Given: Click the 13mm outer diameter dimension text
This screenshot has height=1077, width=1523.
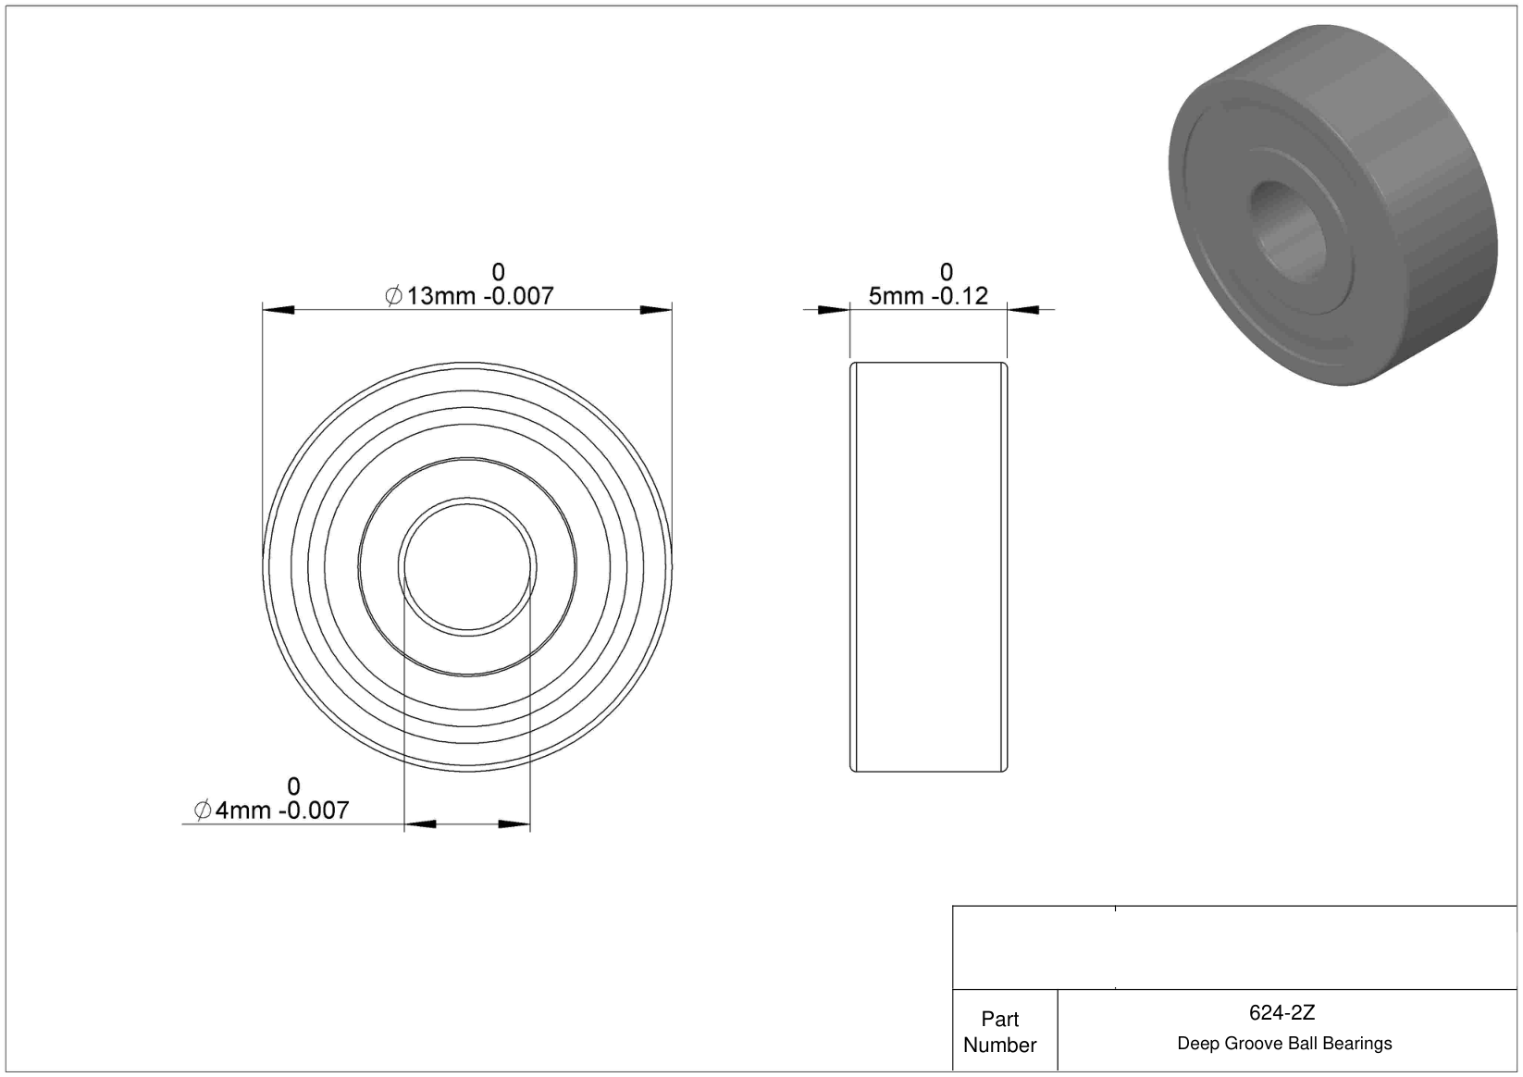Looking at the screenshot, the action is click(x=469, y=296).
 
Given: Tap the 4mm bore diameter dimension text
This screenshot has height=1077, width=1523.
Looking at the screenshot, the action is click(x=271, y=810).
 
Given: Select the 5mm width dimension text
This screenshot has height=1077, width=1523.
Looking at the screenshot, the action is click(x=928, y=296).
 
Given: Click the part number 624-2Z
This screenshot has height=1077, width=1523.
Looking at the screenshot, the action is click(x=1282, y=1012).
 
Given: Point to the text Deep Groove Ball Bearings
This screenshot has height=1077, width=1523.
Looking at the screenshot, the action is click(x=1284, y=1043).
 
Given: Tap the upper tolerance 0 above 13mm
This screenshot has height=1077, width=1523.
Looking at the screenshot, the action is click(x=499, y=272).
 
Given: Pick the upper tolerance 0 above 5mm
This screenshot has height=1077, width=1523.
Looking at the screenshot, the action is click(x=946, y=272).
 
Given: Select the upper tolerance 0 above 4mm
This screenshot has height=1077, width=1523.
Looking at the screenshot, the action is click(x=293, y=786).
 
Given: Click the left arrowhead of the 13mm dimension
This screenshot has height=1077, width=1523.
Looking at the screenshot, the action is click(x=279, y=310).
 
